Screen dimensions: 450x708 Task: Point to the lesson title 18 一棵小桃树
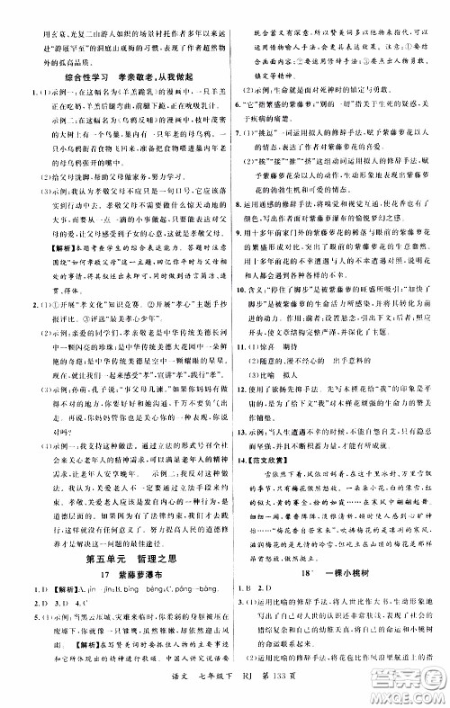[x=336, y=596]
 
